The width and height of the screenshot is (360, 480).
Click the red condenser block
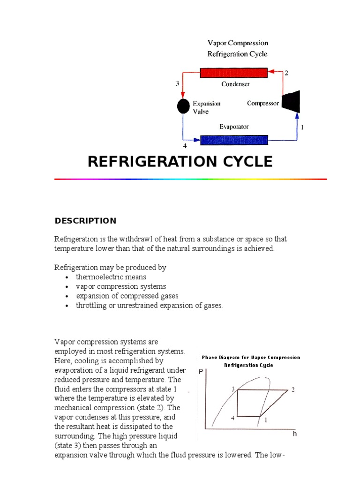pos(233,73)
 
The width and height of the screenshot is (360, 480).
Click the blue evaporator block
pos(234,140)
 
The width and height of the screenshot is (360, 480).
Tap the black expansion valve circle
pos(183,106)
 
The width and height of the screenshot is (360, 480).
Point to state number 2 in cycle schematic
pos(286,73)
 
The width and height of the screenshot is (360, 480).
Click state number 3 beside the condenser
pos(178,84)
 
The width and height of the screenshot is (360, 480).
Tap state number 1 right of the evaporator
pos(303,127)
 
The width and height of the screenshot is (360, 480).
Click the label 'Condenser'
pos(235,84)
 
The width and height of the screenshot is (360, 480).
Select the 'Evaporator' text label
pos(234,127)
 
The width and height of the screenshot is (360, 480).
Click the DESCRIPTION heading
pos(85,221)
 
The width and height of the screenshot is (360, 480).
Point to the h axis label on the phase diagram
pos(295,434)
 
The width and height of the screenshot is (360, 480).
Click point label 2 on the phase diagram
pos(293,390)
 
